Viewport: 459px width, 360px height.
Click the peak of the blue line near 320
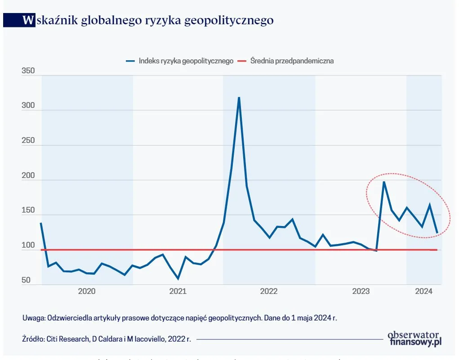coord(239,98)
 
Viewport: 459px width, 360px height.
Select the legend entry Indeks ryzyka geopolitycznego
coord(185,61)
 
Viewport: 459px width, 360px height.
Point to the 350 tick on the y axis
coord(28,71)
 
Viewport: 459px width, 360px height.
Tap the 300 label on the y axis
coord(28,106)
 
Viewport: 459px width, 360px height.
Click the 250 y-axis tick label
coord(28,141)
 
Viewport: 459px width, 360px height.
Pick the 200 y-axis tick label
coord(28,176)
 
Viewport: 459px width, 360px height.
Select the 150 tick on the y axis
coord(28,211)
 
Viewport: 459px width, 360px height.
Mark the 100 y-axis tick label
coord(28,246)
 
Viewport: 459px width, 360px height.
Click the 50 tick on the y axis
coord(27,280)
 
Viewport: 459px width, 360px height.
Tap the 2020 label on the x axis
coord(87,291)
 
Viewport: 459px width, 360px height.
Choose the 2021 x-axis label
coord(178,291)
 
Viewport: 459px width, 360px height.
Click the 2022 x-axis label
coord(269,291)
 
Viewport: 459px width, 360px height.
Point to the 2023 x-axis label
coord(361,291)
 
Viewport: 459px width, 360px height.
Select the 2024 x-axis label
coord(423,291)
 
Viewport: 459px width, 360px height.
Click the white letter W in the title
coord(28,20)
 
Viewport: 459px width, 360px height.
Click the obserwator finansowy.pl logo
coord(414,338)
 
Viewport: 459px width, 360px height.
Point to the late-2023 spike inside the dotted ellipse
coord(384,182)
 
